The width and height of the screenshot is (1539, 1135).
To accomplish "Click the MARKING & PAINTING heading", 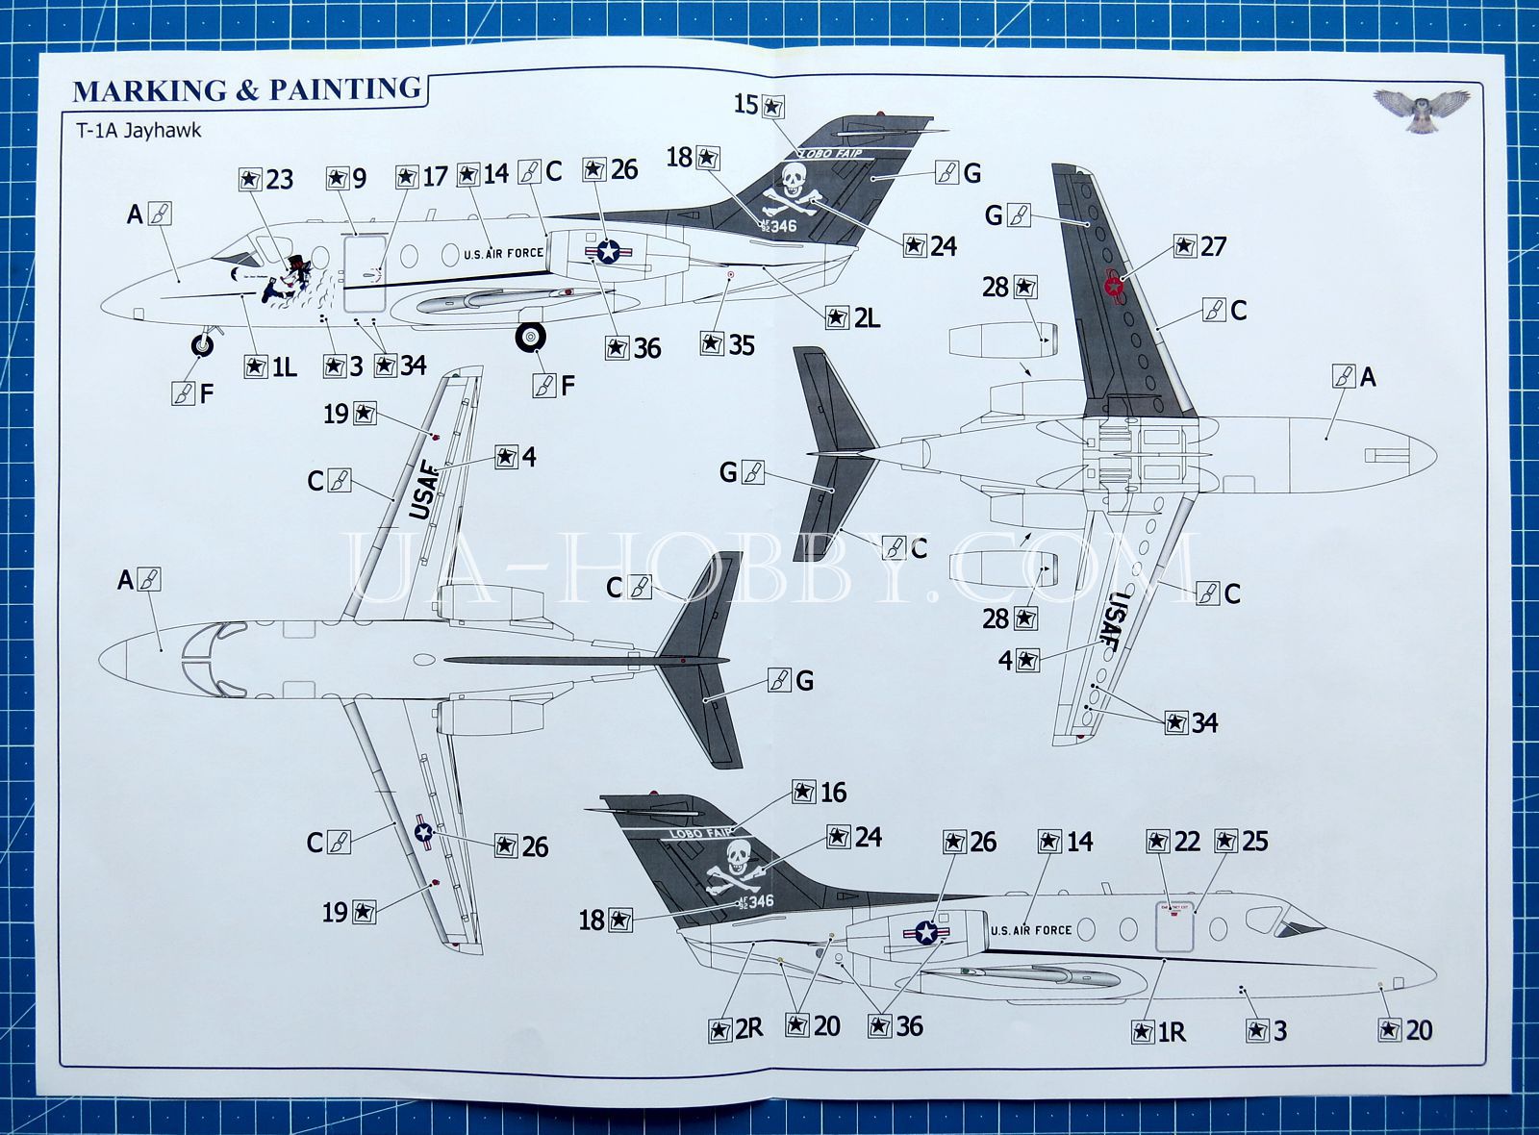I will tap(247, 90).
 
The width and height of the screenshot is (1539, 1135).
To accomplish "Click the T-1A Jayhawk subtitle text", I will tap(139, 130).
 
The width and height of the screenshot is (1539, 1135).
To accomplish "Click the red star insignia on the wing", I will tap(1114, 286).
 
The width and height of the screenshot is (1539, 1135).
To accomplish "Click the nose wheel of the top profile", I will tap(203, 343).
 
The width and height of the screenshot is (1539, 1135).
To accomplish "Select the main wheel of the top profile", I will tap(530, 336).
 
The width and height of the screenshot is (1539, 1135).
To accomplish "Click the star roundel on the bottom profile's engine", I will tap(925, 931).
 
